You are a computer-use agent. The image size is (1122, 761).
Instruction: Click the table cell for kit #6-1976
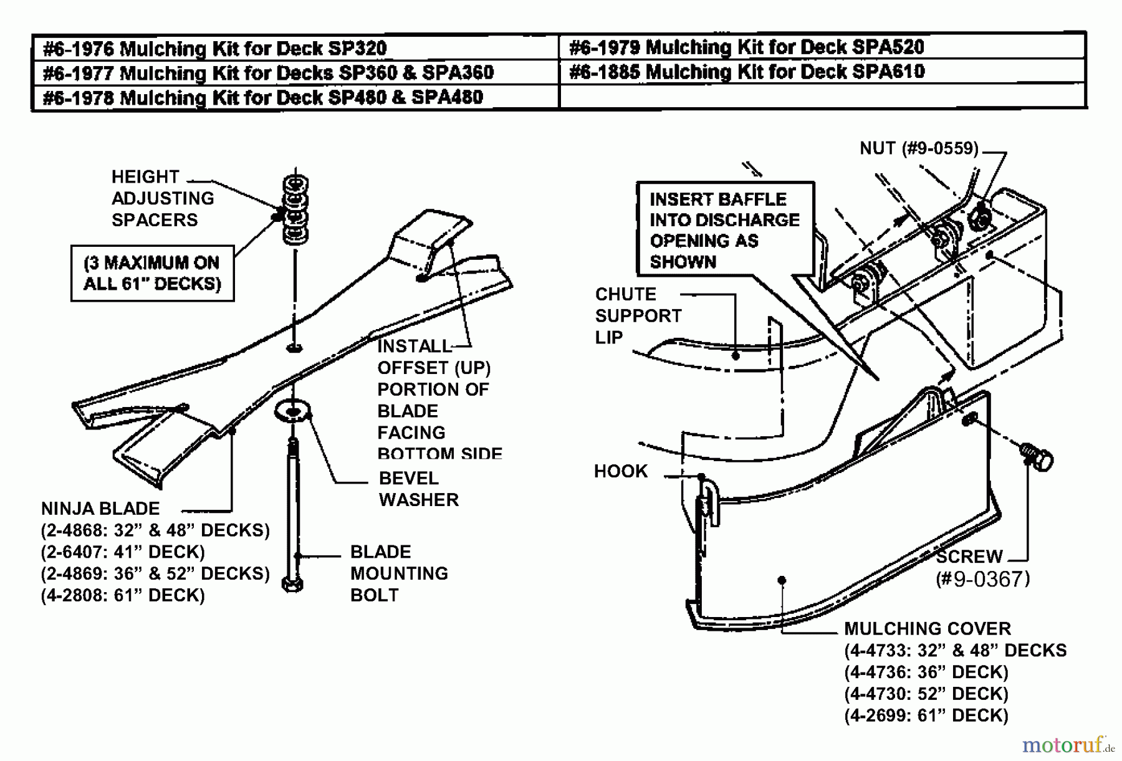215,48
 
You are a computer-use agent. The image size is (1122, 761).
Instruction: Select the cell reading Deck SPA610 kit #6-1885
747,72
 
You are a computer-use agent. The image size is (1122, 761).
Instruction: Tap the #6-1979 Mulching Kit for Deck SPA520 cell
746,47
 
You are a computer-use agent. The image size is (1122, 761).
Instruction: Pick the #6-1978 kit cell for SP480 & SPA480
262,97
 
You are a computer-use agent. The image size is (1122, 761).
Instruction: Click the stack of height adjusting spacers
295,209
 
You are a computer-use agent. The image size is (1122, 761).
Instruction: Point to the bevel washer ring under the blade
292,410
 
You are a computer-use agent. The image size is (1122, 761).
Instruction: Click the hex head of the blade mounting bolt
292,585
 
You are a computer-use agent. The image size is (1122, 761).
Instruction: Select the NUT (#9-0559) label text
919,148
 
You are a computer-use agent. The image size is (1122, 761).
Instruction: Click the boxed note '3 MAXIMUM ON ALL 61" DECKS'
152,273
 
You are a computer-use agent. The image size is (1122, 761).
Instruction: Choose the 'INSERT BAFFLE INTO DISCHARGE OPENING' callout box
725,229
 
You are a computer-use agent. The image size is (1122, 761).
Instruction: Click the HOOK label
620,471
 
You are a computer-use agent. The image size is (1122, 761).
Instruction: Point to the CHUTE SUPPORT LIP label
638,315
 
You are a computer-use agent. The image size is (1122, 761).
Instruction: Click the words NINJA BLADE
100,509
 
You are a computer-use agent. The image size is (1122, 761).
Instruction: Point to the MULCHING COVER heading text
928,628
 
